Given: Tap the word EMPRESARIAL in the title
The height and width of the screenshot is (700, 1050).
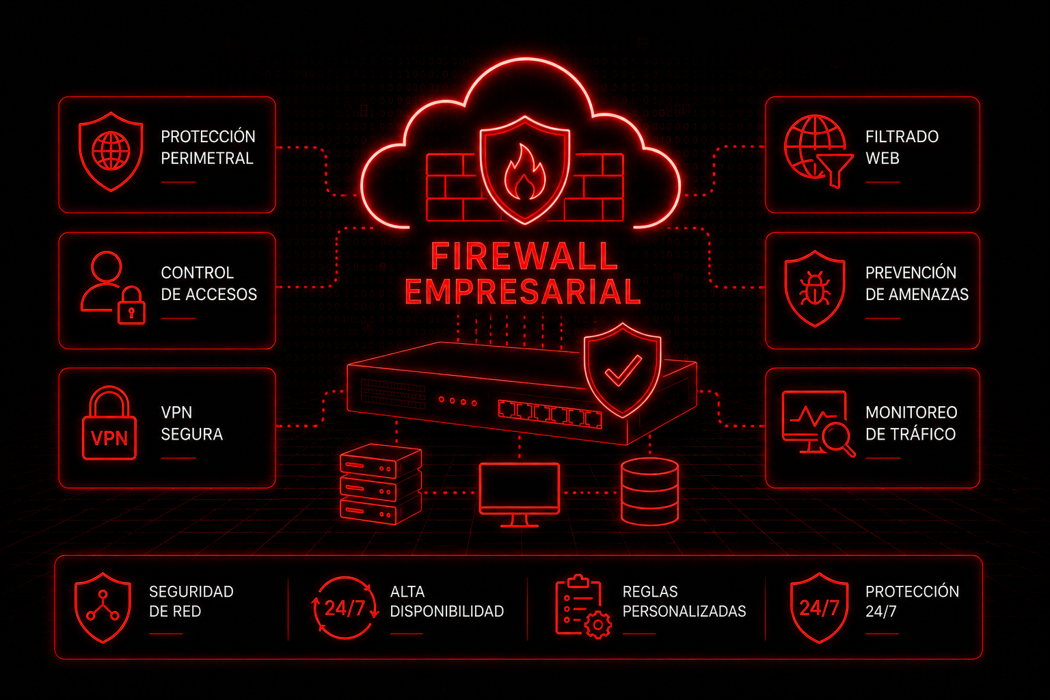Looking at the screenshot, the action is [523, 292].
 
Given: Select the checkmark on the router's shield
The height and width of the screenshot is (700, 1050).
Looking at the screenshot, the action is [623, 371].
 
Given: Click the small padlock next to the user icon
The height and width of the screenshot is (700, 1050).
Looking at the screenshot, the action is [131, 305].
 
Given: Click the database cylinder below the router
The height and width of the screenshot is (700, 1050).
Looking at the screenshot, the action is [649, 492].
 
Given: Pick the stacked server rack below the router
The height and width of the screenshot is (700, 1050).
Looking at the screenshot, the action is [381, 484].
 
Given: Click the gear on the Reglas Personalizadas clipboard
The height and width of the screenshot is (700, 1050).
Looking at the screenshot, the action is [597, 625].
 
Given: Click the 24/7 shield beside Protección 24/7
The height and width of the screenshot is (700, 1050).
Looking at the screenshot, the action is [819, 608].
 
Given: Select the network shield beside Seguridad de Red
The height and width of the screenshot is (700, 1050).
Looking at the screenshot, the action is [103, 608].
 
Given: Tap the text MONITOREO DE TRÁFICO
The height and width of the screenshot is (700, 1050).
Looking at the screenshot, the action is [911, 423].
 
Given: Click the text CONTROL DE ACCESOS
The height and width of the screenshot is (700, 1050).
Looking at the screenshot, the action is [208, 283].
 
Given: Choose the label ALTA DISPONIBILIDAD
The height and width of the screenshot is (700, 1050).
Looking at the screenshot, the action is [446, 602].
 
